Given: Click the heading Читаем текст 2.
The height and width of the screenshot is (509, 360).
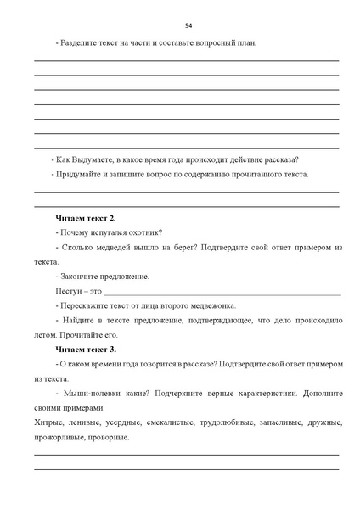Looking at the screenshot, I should [x=86, y=218].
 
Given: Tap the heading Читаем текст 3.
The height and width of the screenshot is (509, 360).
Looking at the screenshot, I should [x=86, y=349].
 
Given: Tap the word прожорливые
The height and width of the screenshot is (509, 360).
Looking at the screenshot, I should [x=60, y=437].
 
